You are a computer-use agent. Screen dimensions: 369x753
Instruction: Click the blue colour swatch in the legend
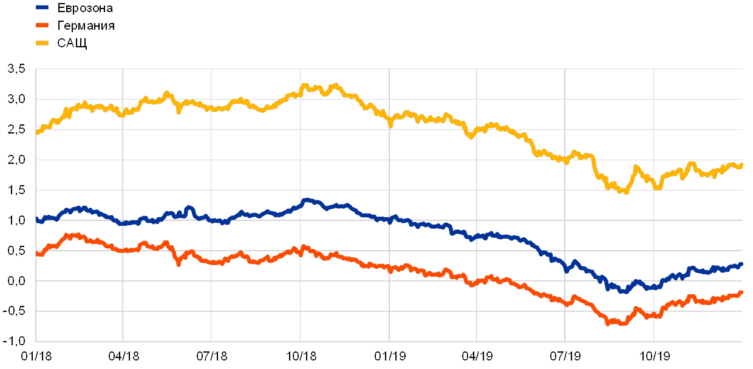click(x=43, y=8)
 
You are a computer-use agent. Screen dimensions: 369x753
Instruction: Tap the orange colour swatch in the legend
click(x=43, y=25)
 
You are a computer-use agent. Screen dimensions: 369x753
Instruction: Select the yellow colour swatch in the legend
click(x=43, y=43)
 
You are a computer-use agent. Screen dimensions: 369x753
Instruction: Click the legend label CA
click(x=66, y=43)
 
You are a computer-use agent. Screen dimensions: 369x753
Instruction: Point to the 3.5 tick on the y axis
click(x=16, y=69)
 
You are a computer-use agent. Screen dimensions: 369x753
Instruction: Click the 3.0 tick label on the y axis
click(x=16, y=99)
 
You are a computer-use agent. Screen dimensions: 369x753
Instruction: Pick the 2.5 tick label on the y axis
click(x=16, y=129)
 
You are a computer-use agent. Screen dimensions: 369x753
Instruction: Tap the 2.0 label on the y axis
click(x=16, y=160)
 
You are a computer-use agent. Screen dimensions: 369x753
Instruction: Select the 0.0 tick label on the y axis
click(x=16, y=281)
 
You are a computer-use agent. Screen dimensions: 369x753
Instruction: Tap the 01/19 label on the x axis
click(x=389, y=356)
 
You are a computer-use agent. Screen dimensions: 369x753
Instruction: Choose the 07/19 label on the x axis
click(x=565, y=356)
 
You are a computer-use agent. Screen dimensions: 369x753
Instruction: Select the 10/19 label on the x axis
click(x=654, y=356)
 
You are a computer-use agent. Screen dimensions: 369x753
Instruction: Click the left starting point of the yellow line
click(x=37, y=132)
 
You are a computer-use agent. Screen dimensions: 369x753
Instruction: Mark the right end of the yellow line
click(x=741, y=165)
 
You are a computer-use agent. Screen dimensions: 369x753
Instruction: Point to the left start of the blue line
click(x=37, y=220)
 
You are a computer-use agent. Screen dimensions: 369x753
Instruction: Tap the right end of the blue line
click(x=741, y=264)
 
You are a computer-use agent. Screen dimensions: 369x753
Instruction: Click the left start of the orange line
click(x=37, y=254)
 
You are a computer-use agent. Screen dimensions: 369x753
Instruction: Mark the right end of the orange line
click(x=741, y=293)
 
